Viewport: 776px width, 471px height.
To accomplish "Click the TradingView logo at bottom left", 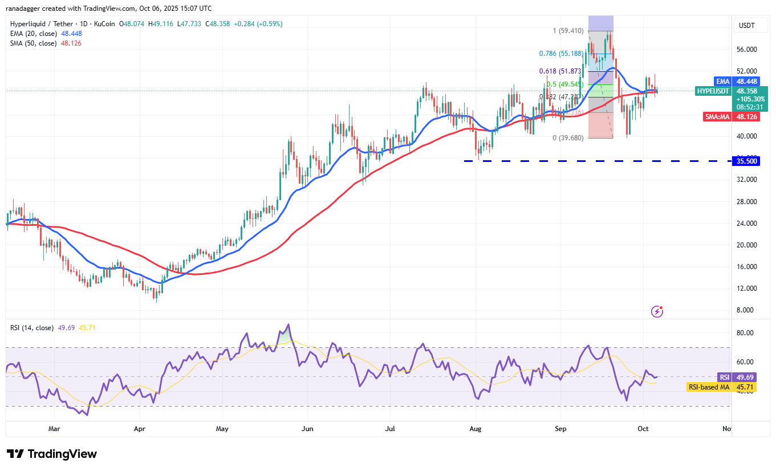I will [x=52, y=454].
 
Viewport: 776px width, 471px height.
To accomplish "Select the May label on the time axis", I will [x=222, y=428].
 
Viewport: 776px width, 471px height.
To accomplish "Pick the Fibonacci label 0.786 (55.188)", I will [x=562, y=54].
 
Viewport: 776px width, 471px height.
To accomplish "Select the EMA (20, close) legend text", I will [x=33, y=34].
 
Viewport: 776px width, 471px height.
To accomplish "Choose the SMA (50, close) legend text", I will [x=33, y=43].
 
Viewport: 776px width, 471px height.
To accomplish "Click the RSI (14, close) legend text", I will [x=32, y=328].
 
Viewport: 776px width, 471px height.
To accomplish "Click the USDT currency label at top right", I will [x=747, y=26].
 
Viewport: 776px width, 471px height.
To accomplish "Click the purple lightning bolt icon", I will [x=657, y=311].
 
